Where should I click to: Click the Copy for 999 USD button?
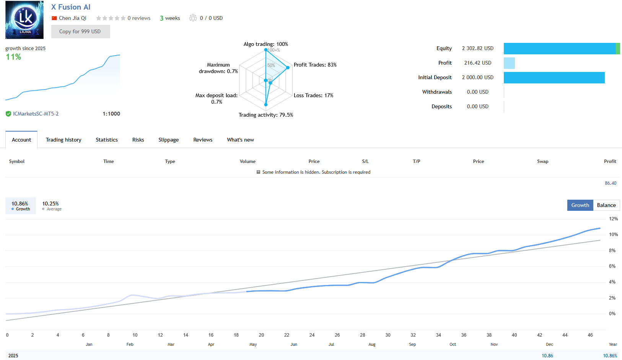coord(80,31)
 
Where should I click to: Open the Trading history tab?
coord(64,140)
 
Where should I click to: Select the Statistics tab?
coord(107,140)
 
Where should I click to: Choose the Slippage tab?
coord(168,140)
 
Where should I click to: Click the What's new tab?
coord(240,140)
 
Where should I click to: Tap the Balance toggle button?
coord(606,205)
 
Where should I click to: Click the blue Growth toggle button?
coord(580,205)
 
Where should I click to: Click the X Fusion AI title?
coord(71,7)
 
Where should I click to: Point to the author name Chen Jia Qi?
coord(72,18)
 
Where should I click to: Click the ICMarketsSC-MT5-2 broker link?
coord(36,114)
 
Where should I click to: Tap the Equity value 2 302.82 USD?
coord(477,48)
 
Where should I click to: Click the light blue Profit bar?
coord(509,63)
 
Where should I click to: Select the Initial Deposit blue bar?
coord(554,78)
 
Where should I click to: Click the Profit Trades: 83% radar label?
coord(315,65)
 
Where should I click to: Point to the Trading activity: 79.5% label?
coord(265,115)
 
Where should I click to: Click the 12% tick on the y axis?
coord(613,219)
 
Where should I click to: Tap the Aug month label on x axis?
coord(372,344)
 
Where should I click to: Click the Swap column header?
coord(542,161)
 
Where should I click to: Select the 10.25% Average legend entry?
coord(51,206)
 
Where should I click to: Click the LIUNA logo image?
coord(24,20)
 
